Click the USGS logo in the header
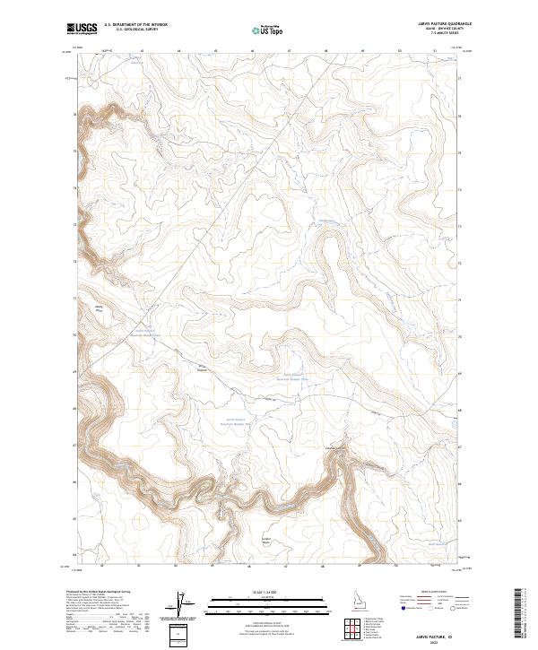pyautogui.click(x=82, y=30)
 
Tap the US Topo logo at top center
pyautogui.click(x=268, y=30)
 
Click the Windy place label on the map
pyautogui.click(x=100, y=308)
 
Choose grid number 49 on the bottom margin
pyautogui.click(x=360, y=566)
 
